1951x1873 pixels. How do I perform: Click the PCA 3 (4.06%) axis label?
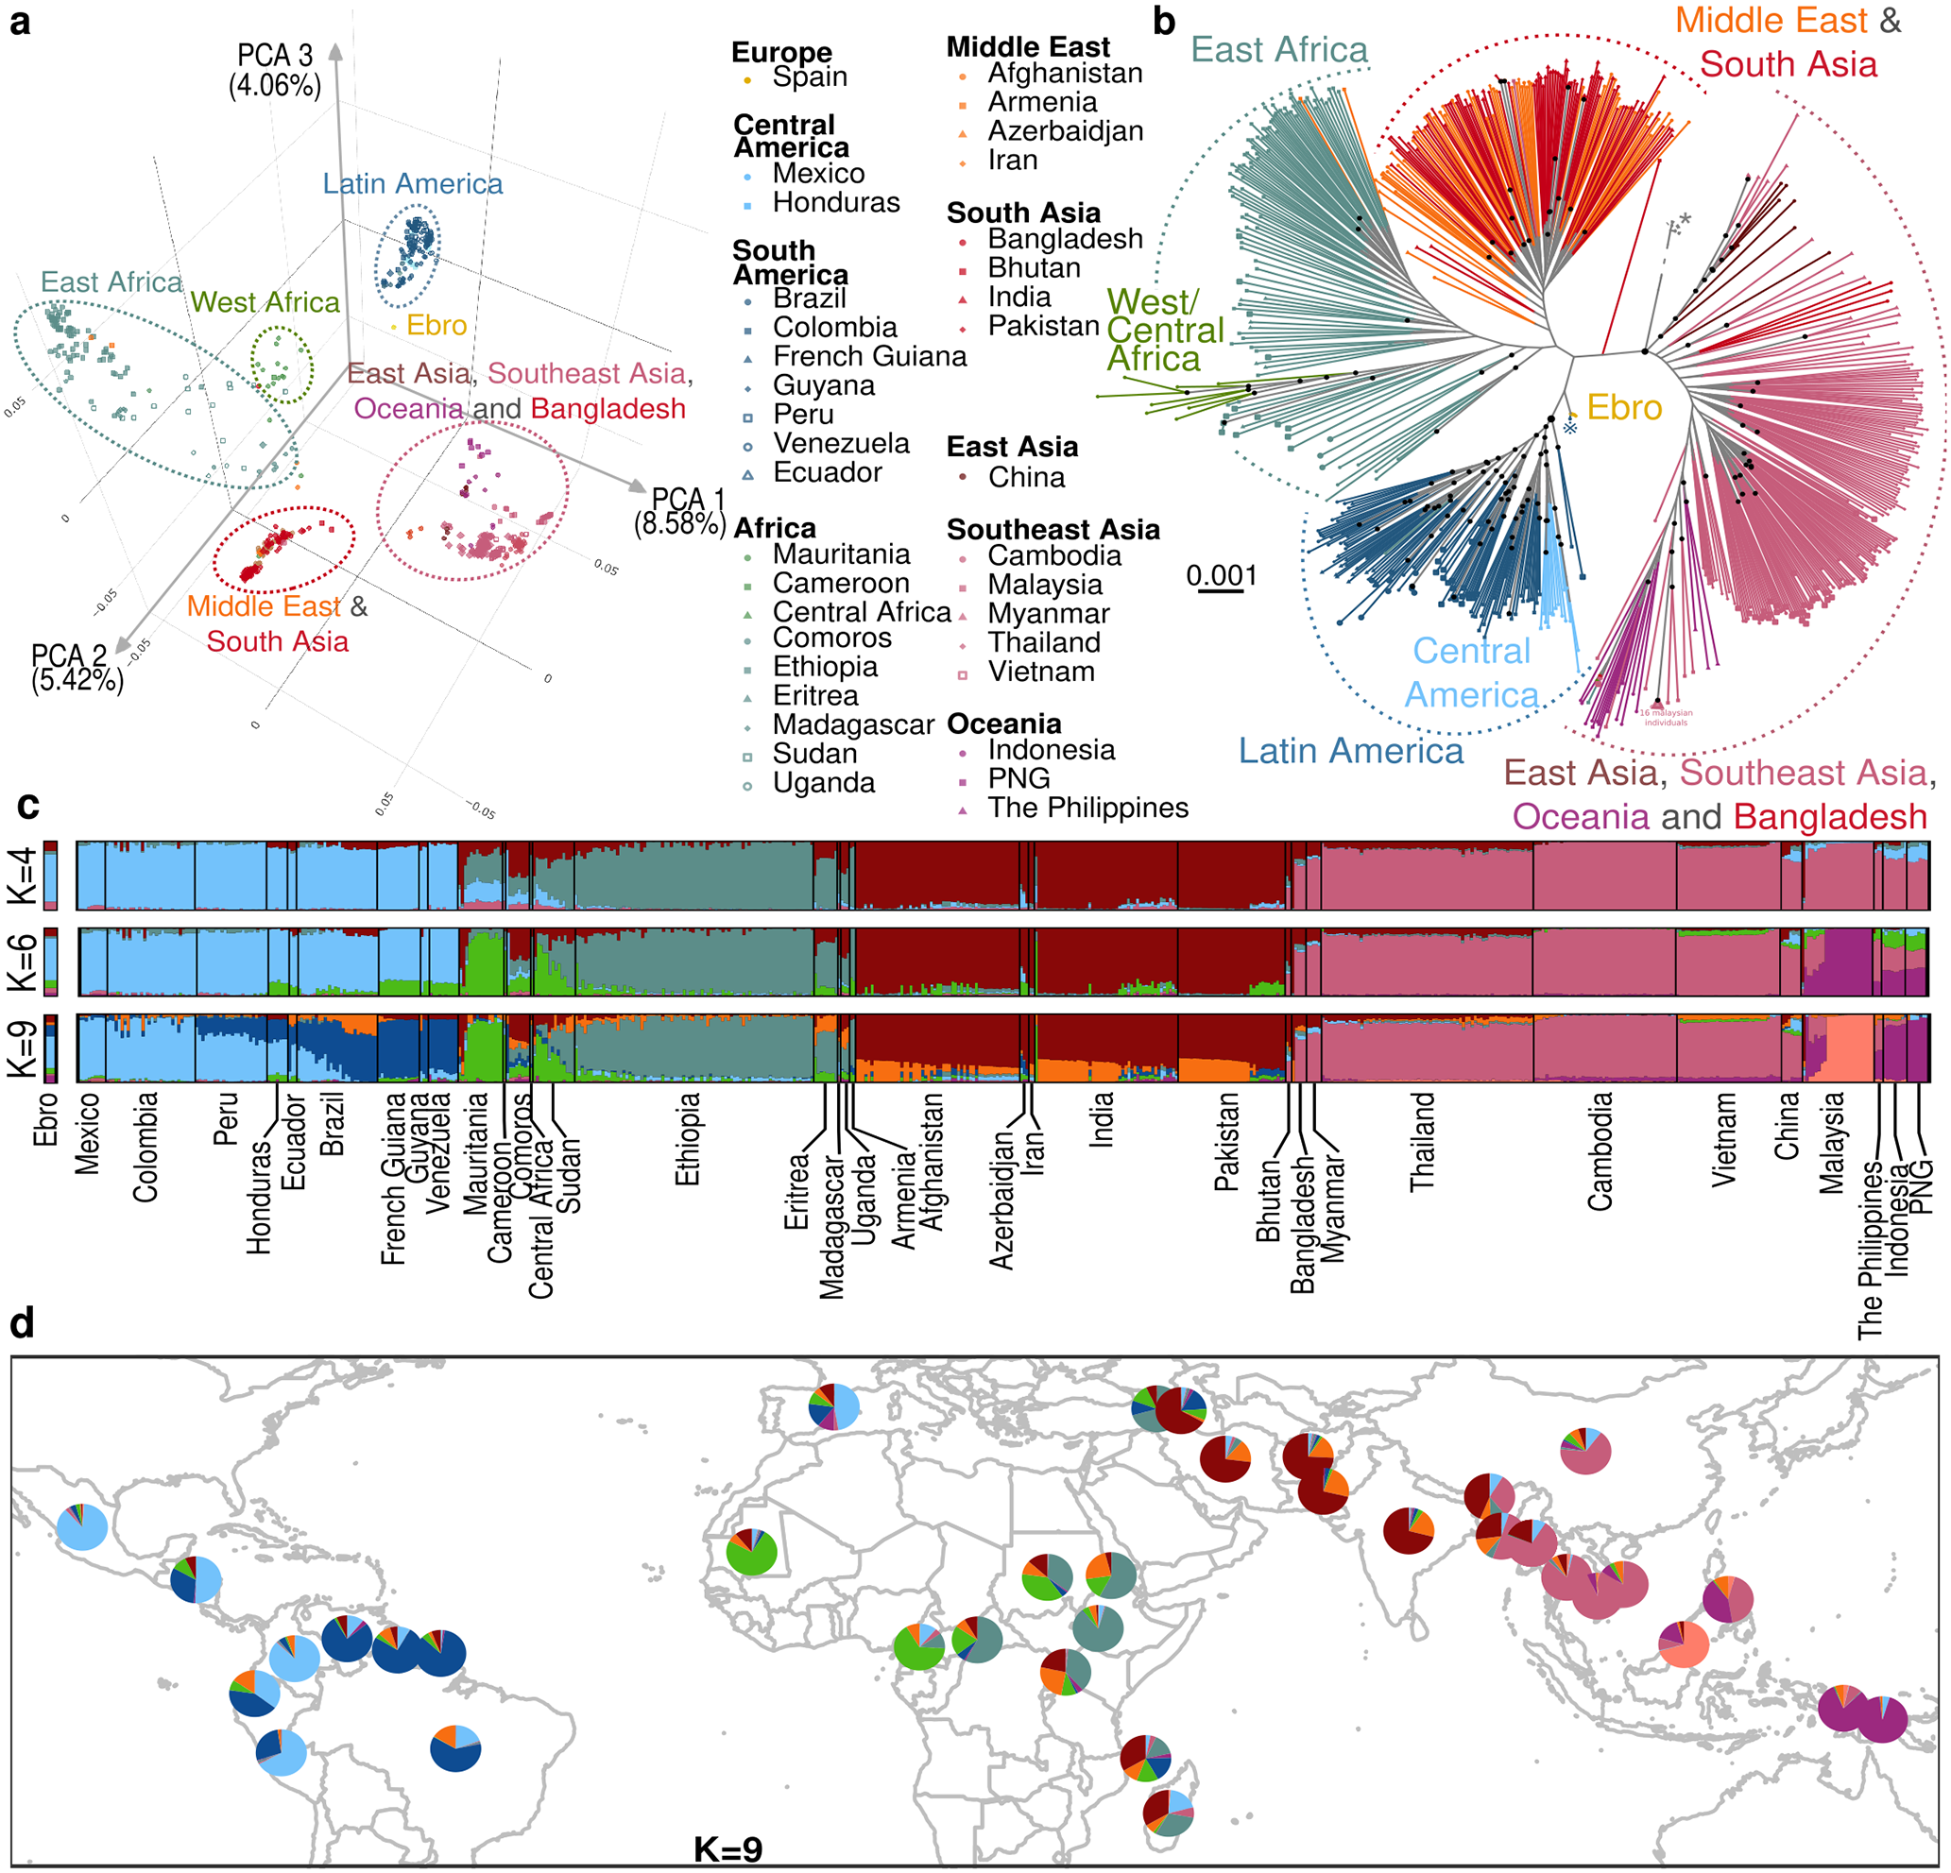click(275, 70)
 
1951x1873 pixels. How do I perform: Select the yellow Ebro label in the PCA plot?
click(436, 326)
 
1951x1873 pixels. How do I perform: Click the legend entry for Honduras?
click(835, 202)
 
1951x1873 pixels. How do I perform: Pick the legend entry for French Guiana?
click(869, 356)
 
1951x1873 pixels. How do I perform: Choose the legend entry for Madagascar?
click(853, 724)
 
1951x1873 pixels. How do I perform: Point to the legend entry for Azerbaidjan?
click(1064, 130)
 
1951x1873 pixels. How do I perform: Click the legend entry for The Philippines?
click(1087, 808)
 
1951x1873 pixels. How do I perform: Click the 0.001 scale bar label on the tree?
click(1222, 575)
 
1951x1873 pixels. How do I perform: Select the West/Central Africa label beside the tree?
click(1165, 330)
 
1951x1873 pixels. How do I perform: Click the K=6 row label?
click(23, 962)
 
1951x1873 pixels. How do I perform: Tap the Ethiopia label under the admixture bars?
click(688, 1138)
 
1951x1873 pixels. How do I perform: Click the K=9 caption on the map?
click(727, 1849)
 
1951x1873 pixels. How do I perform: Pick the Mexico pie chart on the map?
click(81, 1524)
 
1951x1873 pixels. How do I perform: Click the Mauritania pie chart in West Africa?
click(750, 1552)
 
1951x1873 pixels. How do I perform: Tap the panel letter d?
click(22, 1323)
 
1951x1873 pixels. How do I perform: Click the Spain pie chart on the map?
click(833, 1406)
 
